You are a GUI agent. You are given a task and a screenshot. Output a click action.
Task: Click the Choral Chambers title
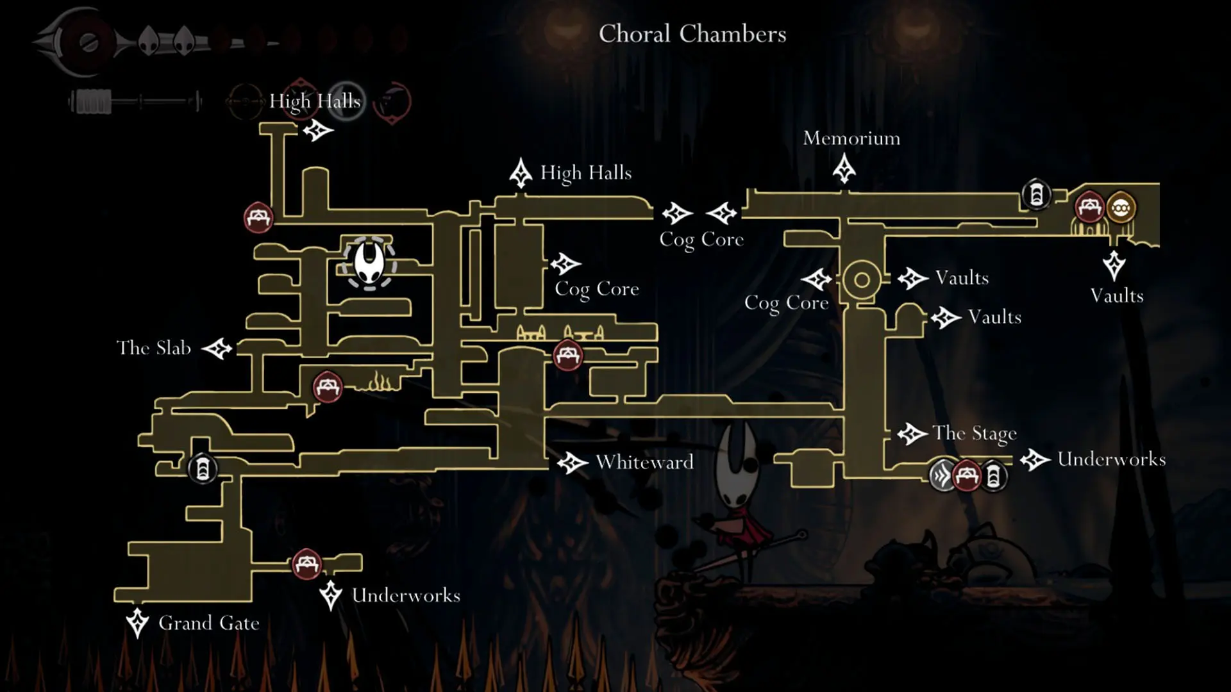click(x=692, y=34)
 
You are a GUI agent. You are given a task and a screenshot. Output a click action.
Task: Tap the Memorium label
click(x=851, y=138)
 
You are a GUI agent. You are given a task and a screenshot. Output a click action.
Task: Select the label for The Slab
click(x=154, y=348)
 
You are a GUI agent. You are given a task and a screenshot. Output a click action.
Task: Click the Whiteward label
click(x=644, y=462)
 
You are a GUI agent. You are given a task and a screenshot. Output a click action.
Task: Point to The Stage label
click(x=975, y=434)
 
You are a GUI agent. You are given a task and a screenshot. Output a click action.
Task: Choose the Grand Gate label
click(x=209, y=623)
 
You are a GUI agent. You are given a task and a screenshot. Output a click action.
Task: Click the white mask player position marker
click(x=369, y=263)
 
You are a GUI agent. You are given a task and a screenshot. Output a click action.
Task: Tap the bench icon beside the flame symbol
click(x=328, y=387)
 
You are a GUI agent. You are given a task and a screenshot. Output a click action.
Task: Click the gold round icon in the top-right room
click(x=1120, y=208)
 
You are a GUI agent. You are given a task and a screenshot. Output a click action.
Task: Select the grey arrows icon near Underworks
click(x=943, y=476)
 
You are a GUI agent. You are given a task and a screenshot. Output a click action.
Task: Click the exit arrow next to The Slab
click(x=217, y=349)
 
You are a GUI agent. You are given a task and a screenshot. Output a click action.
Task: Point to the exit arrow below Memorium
click(x=844, y=170)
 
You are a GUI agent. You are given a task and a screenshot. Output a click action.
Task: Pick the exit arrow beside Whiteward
click(x=573, y=463)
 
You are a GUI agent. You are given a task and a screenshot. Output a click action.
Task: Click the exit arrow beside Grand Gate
click(x=137, y=623)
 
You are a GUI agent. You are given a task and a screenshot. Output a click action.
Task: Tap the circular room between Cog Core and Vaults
click(x=862, y=280)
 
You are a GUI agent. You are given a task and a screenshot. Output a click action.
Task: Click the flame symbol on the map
click(x=380, y=383)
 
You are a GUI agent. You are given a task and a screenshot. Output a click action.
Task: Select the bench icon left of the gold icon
click(x=1089, y=206)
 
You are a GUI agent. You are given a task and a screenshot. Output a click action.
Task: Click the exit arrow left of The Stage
click(x=912, y=434)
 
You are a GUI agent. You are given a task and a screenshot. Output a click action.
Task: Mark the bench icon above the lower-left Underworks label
click(x=306, y=564)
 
